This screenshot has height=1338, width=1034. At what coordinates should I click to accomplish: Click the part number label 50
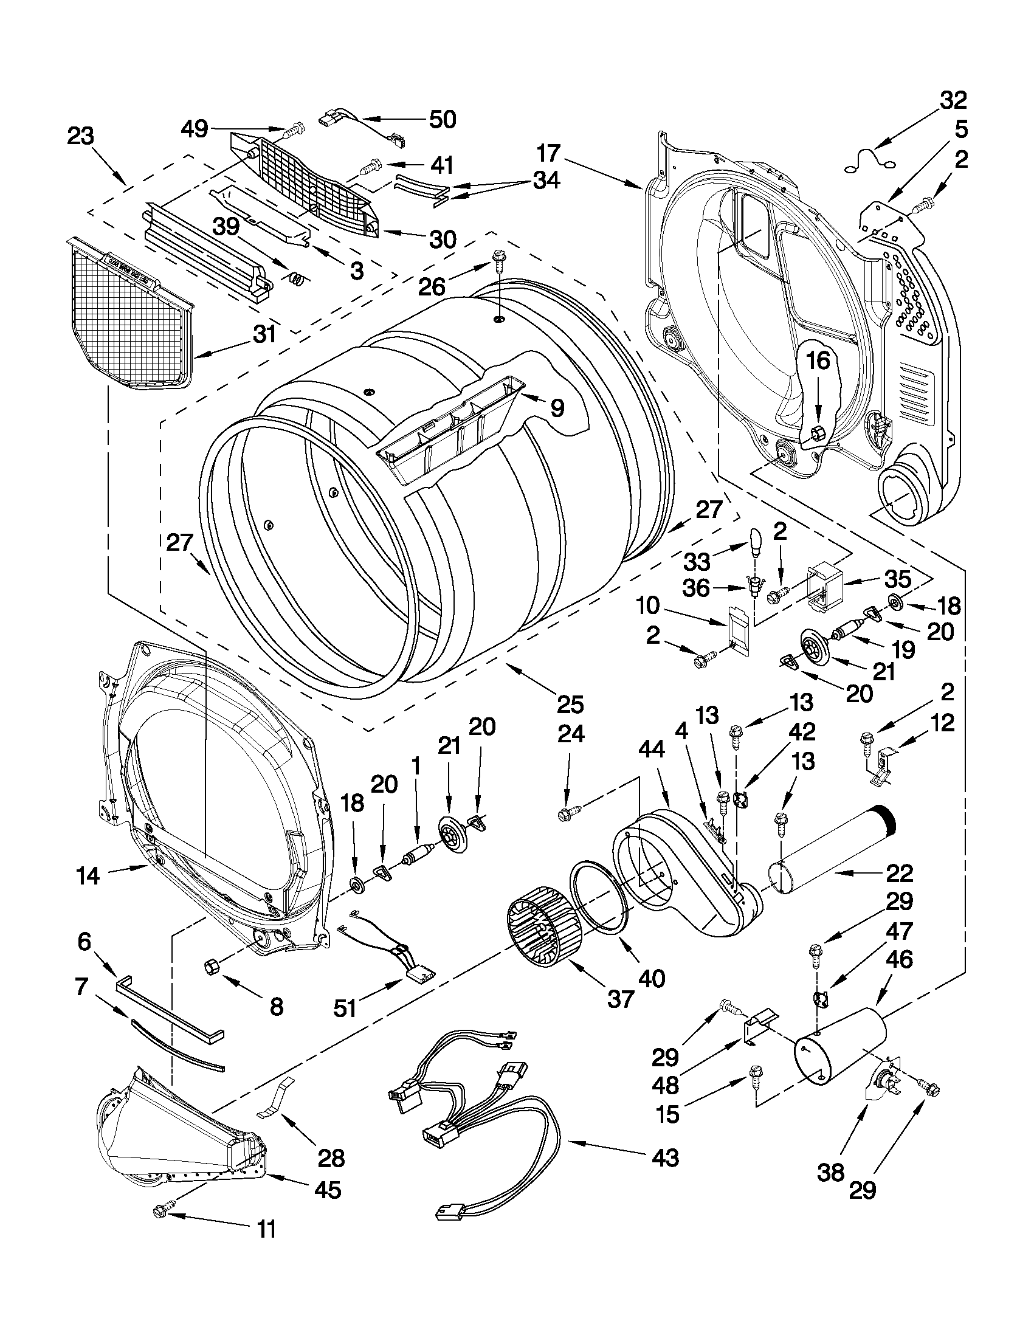443,120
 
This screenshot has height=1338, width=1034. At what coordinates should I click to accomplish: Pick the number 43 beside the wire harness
666,1157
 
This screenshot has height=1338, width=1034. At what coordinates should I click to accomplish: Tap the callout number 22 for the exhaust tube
899,873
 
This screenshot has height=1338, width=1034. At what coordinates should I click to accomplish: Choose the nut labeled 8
212,966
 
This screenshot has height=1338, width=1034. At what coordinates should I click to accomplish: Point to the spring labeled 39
296,279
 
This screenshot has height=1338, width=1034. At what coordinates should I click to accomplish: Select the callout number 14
88,875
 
